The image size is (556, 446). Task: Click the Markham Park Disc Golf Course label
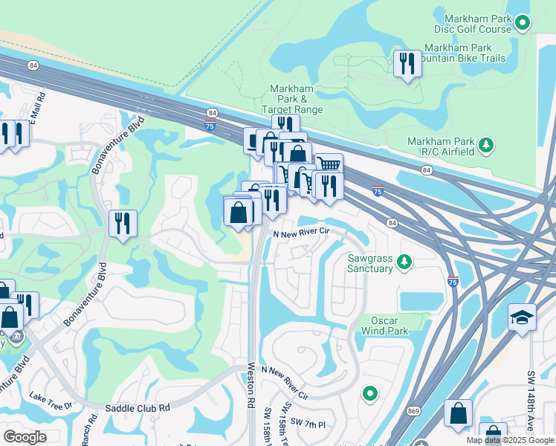[x=477, y=24]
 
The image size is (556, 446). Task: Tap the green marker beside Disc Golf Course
[x=523, y=24]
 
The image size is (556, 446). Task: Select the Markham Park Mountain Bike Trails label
[x=464, y=53]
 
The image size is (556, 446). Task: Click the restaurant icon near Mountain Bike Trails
[x=407, y=64]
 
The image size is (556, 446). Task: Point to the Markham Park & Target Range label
[x=292, y=98]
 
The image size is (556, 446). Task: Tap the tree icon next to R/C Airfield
[x=486, y=144]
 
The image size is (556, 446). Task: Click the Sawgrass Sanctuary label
[x=370, y=263]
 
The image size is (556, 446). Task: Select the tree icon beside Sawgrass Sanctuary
[x=404, y=261]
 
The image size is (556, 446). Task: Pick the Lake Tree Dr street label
[x=51, y=402]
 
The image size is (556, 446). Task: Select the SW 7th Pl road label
[x=311, y=424]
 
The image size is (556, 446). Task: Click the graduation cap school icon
[x=522, y=317]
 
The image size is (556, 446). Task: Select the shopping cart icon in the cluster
[x=328, y=164]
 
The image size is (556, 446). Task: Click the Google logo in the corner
[x=25, y=437]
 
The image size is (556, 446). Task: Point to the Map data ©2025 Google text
[x=509, y=440]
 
